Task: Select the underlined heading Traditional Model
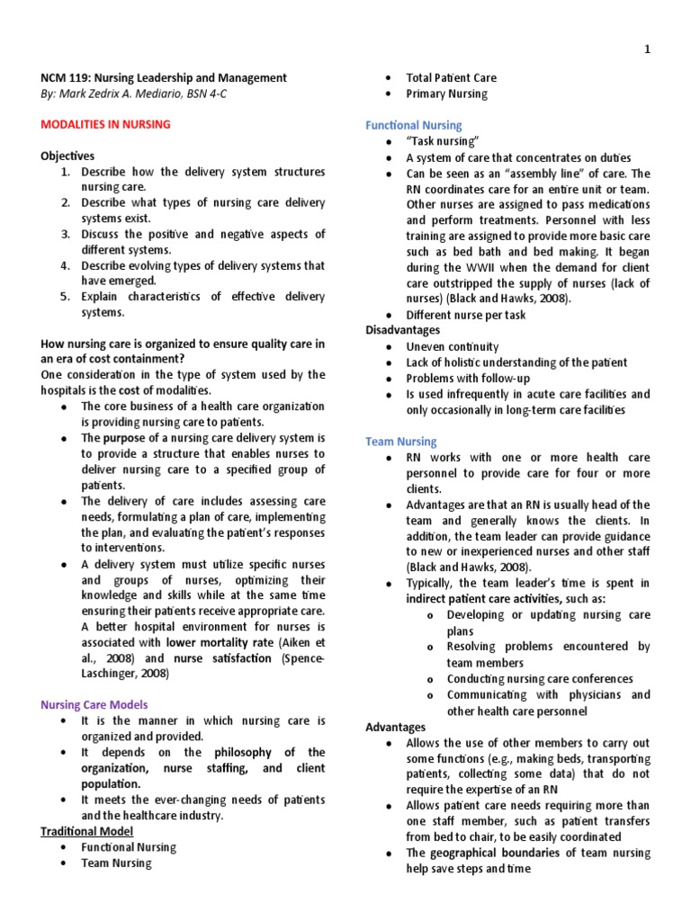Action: (86, 831)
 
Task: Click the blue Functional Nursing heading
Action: (413, 125)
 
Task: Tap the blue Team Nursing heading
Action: (400, 442)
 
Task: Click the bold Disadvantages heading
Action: (402, 330)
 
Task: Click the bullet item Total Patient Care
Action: (451, 78)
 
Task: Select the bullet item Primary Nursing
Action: (446, 94)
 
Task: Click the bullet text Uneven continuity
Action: (452, 346)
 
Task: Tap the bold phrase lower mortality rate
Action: (220, 642)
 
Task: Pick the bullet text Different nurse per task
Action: (466, 315)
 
